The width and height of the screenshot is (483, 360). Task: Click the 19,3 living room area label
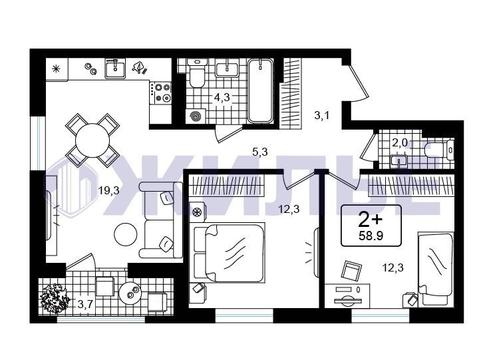[x=108, y=191]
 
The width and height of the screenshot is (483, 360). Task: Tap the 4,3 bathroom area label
[x=222, y=97]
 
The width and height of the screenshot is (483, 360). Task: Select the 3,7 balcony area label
[x=85, y=305]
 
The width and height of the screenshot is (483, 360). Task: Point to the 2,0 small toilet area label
[x=400, y=142]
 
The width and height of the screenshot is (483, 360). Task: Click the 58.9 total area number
[x=371, y=236]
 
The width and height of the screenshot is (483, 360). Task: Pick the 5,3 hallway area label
[x=260, y=152]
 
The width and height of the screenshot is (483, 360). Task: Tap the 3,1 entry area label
[x=322, y=116]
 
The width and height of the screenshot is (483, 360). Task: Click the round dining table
[x=92, y=140]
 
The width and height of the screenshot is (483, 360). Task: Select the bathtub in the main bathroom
[x=261, y=90]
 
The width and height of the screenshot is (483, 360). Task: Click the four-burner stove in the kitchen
[x=160, y=92]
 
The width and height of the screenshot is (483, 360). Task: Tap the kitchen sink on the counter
[x=115, y=69]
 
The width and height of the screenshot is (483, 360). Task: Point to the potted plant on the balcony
[x=55, y=298]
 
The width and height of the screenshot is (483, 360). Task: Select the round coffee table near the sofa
[x=125, y=234]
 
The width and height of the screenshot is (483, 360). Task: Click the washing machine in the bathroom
[x=196, y=116]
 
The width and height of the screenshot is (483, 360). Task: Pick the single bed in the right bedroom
[x=436, y=270]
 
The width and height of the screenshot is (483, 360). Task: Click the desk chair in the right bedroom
[x=351, y=271]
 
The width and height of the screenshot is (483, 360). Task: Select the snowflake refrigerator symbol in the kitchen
[x=56, y=69]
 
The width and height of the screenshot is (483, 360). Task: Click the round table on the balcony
[x=130, y=293]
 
